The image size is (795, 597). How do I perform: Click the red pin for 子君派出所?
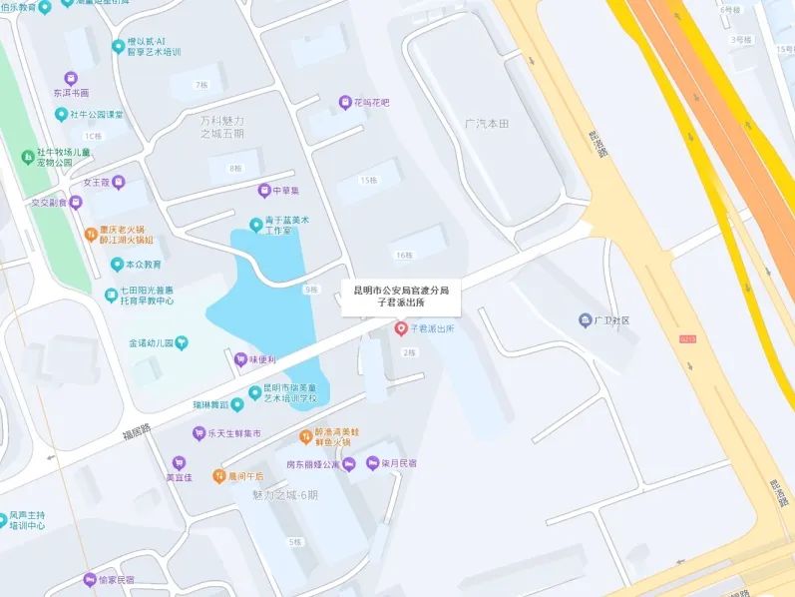[x=401, y=327]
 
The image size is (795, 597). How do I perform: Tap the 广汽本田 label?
[x=487, y=123]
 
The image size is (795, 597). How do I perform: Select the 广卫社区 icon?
[x=585, y=320]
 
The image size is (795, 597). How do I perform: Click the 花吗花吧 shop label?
[x=371, y=102]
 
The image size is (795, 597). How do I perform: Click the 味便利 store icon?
[x=239, y=359]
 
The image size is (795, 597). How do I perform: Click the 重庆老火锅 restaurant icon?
[x=90, y=234]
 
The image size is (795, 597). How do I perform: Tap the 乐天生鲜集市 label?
[x=233, y=434]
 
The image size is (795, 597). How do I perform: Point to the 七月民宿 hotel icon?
[x=373, y=463]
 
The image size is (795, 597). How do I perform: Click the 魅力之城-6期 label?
[x=285, y=495]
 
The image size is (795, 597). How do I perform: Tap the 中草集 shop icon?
[x=264, y=190]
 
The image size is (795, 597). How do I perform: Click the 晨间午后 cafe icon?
[x=218, y=476]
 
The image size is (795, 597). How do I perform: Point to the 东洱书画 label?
[x=71, y=93]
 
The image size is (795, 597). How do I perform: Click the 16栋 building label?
[x=403, y=256]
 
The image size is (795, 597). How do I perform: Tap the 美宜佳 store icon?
[x=179, y=462]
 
